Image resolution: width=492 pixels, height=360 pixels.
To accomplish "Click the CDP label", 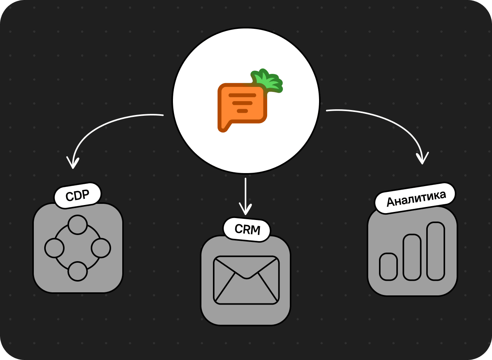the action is point(78,195).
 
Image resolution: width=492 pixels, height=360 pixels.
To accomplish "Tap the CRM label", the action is point(247,230).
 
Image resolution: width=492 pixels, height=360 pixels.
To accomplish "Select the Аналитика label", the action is point(416,198).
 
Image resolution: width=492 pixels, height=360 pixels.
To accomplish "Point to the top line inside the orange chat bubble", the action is point(242,95).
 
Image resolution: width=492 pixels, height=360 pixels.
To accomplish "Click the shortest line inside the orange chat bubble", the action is point(242,111).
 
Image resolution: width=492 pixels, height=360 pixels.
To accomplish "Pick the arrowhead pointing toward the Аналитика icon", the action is point(422,158).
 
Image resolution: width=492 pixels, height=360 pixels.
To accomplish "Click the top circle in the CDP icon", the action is point(78,225).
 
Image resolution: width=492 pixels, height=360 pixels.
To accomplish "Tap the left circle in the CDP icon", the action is point(54,248).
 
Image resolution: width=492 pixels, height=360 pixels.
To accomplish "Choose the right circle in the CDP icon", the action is point(101,248).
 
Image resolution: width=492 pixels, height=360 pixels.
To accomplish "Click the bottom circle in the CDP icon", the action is point(78,272).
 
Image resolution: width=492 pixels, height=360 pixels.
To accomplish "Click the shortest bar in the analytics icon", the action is point(388,267).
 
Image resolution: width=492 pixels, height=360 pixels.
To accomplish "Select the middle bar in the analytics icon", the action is point(412,257).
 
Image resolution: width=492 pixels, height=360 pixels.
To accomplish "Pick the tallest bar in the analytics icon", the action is point(435,252).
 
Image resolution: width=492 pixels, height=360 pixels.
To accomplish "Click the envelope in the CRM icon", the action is point(246,280).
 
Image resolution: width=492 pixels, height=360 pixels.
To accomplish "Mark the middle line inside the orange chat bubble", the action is point(242,103).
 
